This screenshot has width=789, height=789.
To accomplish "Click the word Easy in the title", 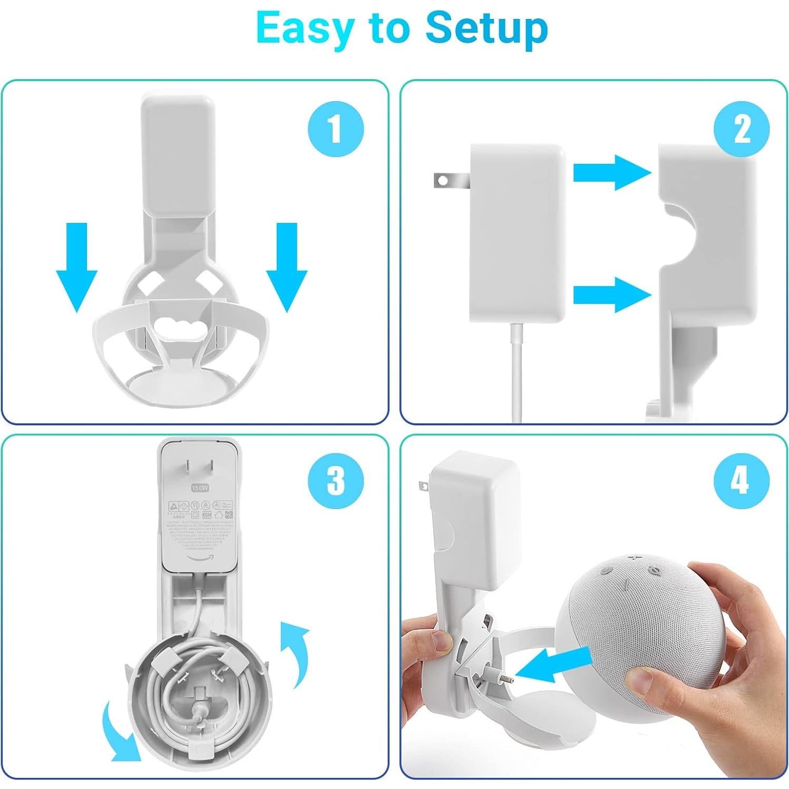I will coord(304,28).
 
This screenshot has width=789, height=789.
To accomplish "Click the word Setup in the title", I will coord(486,28).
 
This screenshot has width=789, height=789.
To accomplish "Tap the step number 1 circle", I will coord(336,129).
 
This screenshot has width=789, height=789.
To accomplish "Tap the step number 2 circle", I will coord(741,129).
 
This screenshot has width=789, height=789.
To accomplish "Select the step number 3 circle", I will coord(336,481).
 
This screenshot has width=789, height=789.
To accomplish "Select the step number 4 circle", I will coord(741,481).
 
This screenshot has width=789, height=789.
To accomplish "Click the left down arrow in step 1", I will coord(77,267).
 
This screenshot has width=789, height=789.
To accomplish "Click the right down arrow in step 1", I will coord(286,267).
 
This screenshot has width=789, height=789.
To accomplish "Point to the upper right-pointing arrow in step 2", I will coord(612,172).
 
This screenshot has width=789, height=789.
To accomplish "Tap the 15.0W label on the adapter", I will coord(200,488).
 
